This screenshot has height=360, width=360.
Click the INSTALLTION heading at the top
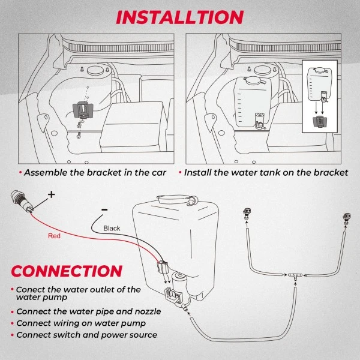pyautogui.click(x=179, y=16)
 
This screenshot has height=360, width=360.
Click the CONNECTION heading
pyautogui.click(x=67, y=271)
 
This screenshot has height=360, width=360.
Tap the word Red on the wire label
pyautogui.click(x=54, y=236)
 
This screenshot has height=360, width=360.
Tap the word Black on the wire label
pyautogui.click(x=112, y=228)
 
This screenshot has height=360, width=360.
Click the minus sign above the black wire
pyautogui.click(x=104, y=209)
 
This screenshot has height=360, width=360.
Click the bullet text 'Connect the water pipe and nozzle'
pyautogui.click(x=89, y=311)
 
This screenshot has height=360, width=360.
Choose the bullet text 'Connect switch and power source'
pyautogui.click(x=86, y=335)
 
